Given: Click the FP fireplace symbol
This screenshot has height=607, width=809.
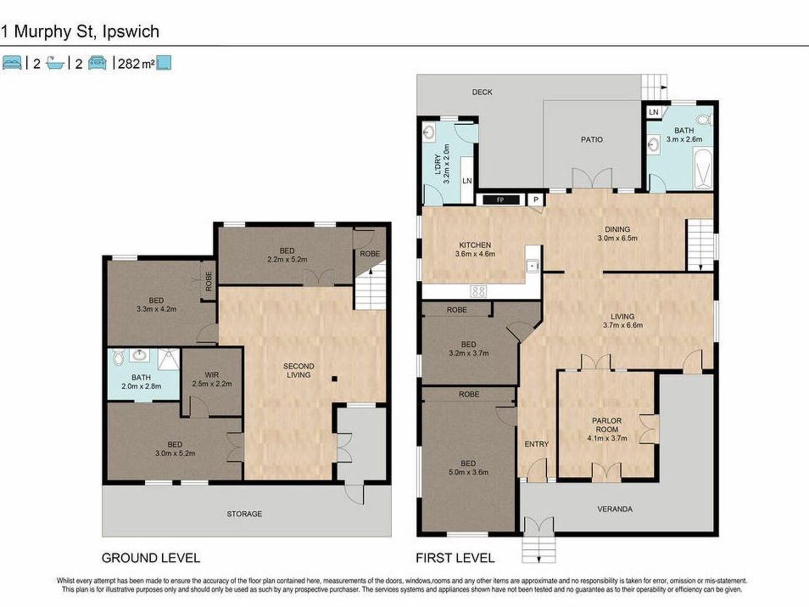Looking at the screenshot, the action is click(x=501, y=200).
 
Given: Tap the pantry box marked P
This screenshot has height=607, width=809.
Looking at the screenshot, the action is click(x=536, y=200).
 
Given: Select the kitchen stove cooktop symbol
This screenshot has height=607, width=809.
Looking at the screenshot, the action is click(x=478, y=291).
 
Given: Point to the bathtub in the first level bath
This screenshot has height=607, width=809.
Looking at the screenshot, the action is click(x=703, y=169).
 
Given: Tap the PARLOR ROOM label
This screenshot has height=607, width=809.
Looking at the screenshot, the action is click(x=607, y=425).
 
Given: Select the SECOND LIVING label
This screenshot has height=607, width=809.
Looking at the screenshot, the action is click(x=298, y=371).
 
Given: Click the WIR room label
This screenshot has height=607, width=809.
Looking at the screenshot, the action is click(x=212, y=375).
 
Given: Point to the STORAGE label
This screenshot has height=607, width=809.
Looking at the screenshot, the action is click(x=244, y=514).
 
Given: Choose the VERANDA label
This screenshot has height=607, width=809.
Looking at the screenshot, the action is click(x=615, y=509).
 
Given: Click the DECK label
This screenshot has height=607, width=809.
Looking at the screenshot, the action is click(x=482, y=92).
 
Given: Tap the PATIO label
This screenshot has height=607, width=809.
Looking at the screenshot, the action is click(x=592, y=140).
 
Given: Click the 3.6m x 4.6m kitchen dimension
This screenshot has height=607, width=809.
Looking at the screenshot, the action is click(x=475, y=254).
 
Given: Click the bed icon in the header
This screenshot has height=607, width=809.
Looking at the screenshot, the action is click(x=12, y=63).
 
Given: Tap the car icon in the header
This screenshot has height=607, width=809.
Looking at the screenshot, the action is click(x=98, y=63).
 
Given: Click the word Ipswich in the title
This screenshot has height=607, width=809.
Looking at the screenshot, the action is click(x=131, y=32).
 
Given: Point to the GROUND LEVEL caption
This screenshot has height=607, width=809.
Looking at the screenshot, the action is click(x=151, y=558).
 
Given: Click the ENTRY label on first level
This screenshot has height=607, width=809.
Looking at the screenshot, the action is click(x=536, y=444).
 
